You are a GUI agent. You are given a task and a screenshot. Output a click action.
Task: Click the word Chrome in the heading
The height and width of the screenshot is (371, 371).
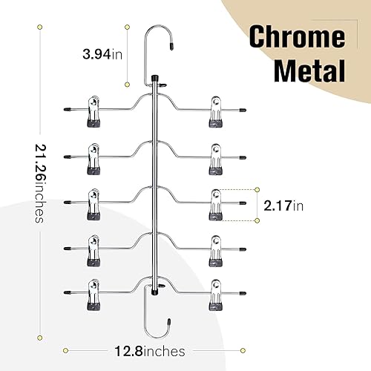tap(297, 36)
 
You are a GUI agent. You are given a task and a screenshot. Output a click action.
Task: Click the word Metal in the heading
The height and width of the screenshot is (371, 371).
tap(309, 70)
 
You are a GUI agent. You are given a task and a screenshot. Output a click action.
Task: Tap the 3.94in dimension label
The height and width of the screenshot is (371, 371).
tap(102, 54)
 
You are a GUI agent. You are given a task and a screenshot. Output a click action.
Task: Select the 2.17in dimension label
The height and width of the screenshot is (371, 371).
tap(283, 206)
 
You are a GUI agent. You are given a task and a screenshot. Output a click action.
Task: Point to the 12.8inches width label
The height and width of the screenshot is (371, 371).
tap(150, 351)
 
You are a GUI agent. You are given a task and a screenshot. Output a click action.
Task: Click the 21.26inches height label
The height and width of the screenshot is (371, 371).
tap(40, 183)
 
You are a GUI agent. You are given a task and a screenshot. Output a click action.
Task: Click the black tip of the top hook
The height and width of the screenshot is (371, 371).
tap(171, 46)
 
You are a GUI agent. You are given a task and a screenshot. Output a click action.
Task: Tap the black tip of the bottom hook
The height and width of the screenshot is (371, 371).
tap(169, 322)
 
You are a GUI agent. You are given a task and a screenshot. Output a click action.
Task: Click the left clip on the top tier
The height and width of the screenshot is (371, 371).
tap(93, 111)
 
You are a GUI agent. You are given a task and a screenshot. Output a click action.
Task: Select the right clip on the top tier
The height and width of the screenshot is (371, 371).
tap(216, 112)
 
